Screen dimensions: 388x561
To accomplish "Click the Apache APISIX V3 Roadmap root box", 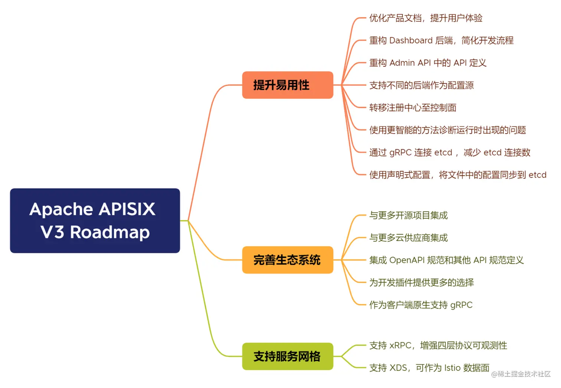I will point(95,220).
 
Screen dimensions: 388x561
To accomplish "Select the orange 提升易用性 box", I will point(288,85).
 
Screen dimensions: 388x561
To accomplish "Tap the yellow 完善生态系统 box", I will point(288,260).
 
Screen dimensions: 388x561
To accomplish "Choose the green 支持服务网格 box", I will point(288,356).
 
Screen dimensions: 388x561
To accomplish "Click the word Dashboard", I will point(411,41).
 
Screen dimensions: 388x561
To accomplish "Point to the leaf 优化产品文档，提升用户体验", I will point(426,18).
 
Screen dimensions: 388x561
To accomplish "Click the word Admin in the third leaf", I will point(402,63).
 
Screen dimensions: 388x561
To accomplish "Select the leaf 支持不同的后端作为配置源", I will point(421,85).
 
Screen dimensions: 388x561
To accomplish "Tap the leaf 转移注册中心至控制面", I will point(413,108).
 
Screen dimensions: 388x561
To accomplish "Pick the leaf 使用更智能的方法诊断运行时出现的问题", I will point(447,130).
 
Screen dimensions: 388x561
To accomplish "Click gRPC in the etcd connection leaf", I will point(400,153).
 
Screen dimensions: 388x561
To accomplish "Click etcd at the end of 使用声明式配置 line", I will point(537,175).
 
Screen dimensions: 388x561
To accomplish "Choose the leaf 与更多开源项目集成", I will point(408,216).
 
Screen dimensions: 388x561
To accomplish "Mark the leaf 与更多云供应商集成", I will point(408,238).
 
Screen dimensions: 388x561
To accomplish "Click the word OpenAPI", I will point(407,260).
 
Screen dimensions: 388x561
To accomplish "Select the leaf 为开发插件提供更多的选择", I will point(421,282).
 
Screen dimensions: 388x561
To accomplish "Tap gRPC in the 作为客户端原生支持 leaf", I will point(461,305).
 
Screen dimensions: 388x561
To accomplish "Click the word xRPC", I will point(400,346).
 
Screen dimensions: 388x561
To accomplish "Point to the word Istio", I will point(452,368).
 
